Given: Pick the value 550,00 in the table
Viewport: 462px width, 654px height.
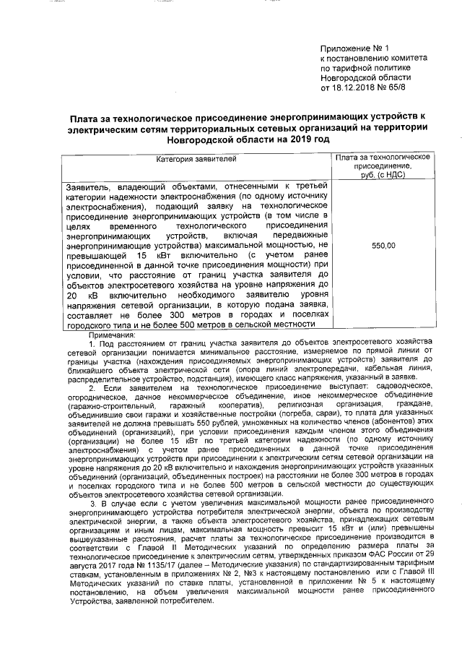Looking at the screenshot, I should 383,246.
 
